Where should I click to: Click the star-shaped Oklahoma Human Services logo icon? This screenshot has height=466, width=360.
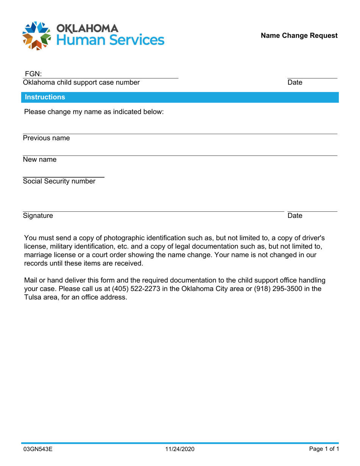(x=36, y=35)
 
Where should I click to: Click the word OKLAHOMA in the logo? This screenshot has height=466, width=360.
(x=87, y=28)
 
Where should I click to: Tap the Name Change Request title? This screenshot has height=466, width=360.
(x=299, y=36)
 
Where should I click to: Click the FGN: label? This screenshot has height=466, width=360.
(x=33, y=73)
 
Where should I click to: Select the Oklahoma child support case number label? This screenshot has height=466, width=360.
(x=81, y=83)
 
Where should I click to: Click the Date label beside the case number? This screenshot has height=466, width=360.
(x=295, y=83)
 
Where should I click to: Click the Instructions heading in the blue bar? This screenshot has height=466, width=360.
(x=45, y=97)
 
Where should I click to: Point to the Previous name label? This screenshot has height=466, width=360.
(x=46, y=138)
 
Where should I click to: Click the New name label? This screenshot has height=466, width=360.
(x=39, y=160)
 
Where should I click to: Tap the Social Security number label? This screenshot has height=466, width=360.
(x=59, y=181)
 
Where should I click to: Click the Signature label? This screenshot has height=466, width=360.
(x=38, y=216)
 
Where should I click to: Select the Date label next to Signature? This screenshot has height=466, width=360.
(x=295, y=216)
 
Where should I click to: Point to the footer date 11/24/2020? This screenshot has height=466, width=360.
(x=180, y=449)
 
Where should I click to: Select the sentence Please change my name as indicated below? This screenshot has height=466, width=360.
(x=94, y=112)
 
